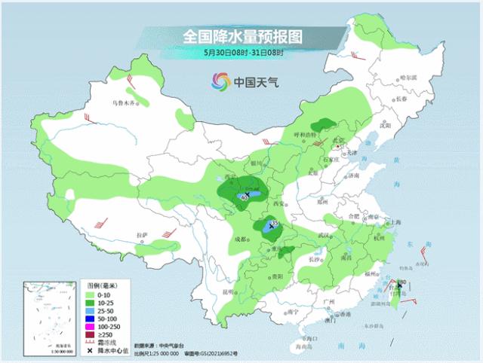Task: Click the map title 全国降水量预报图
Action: tap(241, 36)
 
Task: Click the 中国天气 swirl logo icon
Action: tap(220, 81)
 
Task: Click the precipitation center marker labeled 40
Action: tap(243, 197)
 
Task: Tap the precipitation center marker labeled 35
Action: tap(272, 224)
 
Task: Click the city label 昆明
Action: tap(219, 291)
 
